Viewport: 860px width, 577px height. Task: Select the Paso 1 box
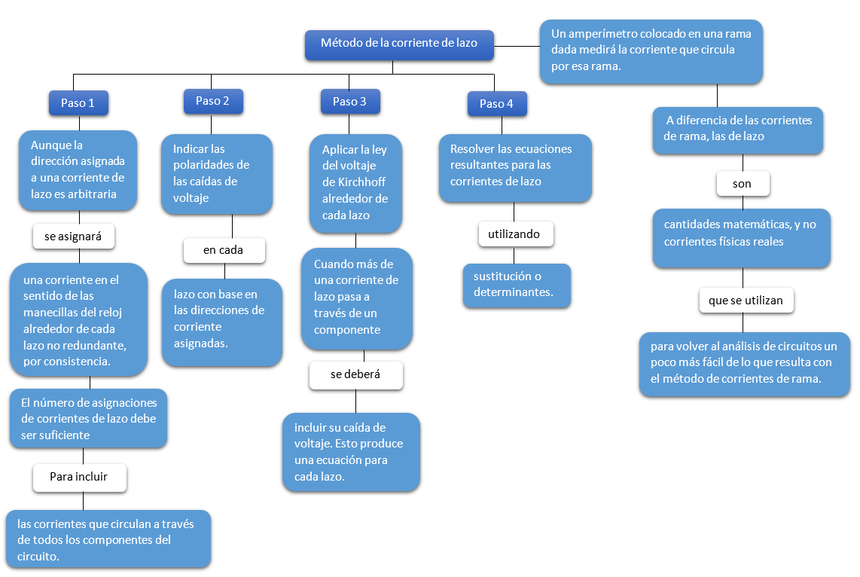tap(78, 103)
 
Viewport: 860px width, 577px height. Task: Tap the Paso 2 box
tap(213, 101)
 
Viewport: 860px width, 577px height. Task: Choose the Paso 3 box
tap(350, 102)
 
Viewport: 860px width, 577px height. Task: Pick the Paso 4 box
tap(496, 104)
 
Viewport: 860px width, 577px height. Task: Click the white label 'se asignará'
tap(74, 237)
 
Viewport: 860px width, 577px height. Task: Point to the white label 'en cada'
tap(224, 250)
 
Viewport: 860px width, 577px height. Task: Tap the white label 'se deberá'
tap(355, 374)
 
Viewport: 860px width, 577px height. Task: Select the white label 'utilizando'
tap(515, 234)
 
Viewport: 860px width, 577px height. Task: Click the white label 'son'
tap(742, 184)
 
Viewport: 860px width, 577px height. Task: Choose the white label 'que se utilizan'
tap(746, 300)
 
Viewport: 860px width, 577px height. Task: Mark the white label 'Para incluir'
tap(79, 477)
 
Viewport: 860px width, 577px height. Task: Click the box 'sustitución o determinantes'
tap(516, 285)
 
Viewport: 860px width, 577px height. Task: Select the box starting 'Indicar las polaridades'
tap(216, 173)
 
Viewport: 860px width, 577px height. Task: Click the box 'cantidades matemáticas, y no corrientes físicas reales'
tap(741, 237)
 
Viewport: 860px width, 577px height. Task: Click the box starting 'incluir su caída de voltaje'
tap(352, 452)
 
